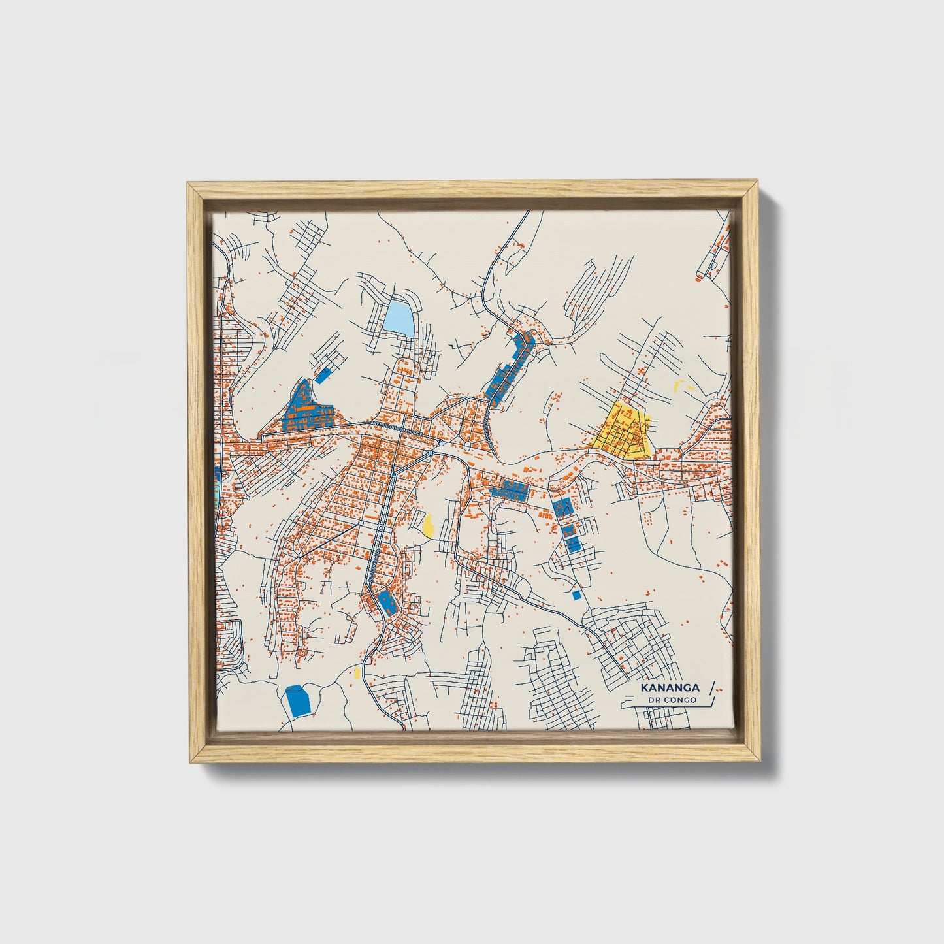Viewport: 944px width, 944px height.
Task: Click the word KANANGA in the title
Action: coord(670,688)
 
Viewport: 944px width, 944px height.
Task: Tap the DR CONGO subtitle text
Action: coord(672,700)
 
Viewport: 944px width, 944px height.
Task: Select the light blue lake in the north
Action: coord(399,317)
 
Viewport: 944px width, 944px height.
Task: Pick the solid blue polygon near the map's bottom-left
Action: coord(297,700)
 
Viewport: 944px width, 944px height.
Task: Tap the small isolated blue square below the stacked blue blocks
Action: coord(576,595)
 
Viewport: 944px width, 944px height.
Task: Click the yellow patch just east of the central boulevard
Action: coord(429,525)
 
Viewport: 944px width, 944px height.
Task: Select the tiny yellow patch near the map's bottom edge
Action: coord(357,672)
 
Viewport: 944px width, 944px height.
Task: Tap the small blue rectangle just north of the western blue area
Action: coord(322,375)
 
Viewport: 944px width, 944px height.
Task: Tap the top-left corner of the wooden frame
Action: coord(189,186)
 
